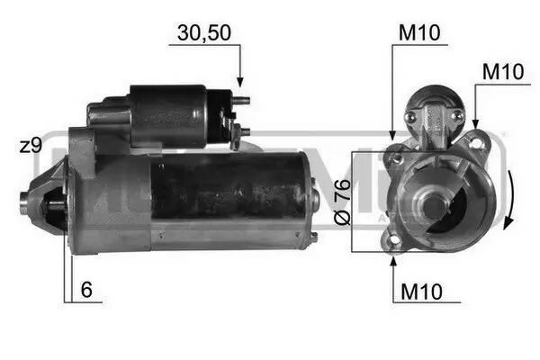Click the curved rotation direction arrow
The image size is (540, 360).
[x=512, y=200]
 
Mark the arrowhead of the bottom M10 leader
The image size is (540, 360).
[x=393, y=262]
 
